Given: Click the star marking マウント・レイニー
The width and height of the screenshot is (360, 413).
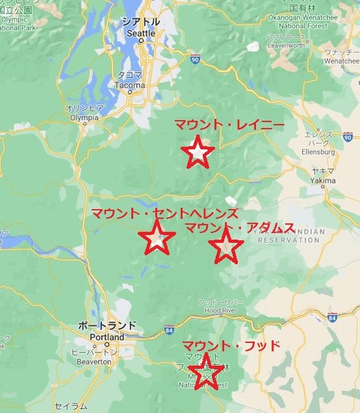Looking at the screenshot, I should click(x=197, y=152).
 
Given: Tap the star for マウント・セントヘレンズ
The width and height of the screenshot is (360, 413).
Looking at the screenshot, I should click(x=157, y=238).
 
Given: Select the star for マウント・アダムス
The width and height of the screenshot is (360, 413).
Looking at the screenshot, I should click(x=226, y=246).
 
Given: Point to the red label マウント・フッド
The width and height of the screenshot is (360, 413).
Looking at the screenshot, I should click(x=231, y=346).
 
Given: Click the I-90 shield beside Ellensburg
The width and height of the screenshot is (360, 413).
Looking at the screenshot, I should click(x=347, y=136).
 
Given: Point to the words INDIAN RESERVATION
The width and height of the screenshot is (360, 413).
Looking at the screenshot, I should click(x=288, y=236).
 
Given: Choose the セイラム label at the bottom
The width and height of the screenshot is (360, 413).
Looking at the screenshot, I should click(x=70, y=406).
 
